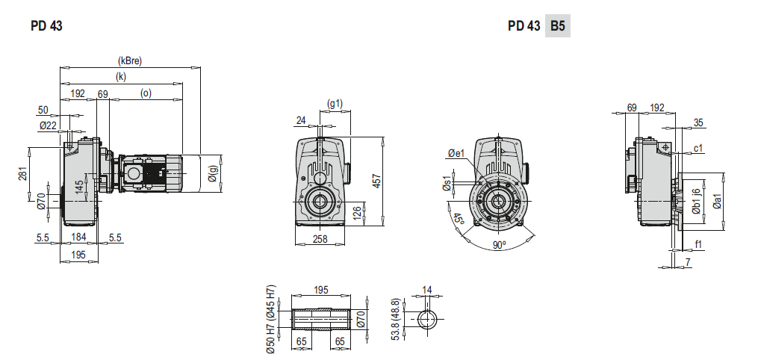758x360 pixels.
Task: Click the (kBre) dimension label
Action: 129,61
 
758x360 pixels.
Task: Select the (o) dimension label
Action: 146,93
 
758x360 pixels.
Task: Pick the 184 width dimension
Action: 78,237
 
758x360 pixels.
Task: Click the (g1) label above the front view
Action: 335,103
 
